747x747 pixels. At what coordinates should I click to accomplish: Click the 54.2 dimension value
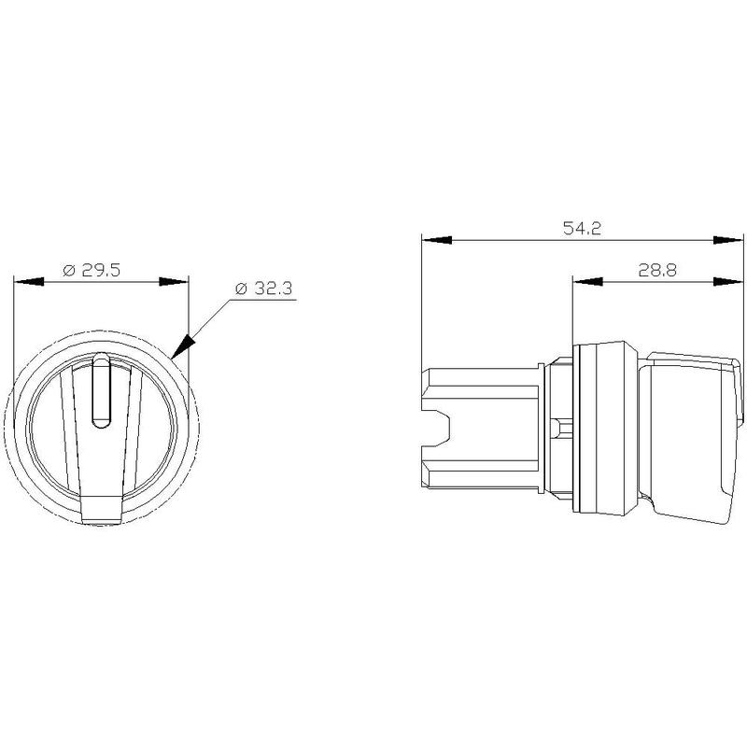click(582, 229)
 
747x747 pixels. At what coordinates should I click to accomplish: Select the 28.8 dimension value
click(657, 271)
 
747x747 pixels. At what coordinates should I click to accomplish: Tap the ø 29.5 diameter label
click(92, 270)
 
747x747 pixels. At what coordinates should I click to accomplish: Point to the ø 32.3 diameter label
click(263, 289)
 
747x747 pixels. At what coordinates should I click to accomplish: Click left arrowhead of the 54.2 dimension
click(437, 240)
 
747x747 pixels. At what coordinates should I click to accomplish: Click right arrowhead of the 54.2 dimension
click(728, 240)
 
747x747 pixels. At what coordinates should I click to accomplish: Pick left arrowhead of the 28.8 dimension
click(587, 282)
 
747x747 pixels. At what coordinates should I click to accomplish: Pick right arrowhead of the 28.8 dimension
click(728, 282)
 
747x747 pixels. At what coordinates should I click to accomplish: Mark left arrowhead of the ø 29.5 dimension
click(29, 282)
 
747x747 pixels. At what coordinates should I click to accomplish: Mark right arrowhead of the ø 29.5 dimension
click(174, 282)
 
